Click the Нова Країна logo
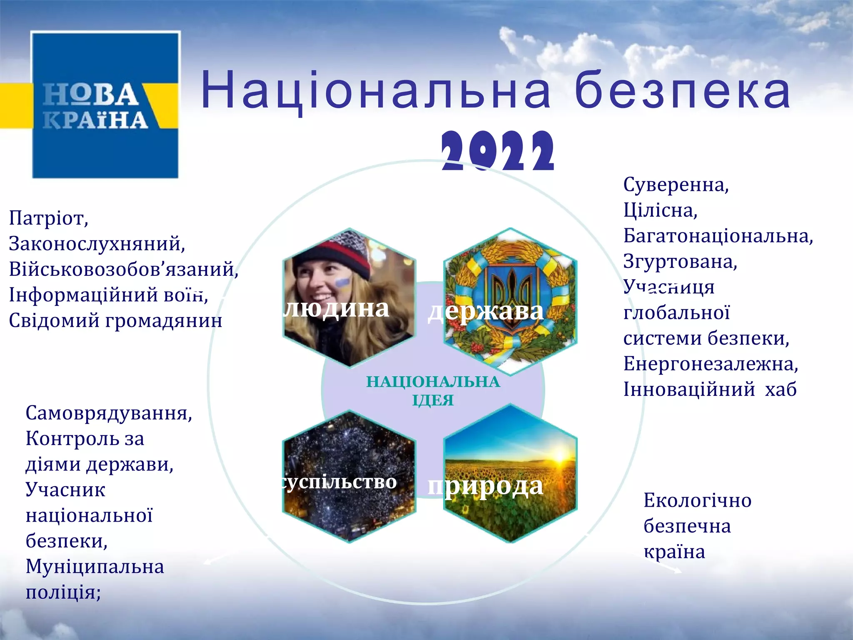(105, 105)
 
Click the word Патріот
(48, 218)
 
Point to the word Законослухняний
(97, 244)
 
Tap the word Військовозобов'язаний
(123, 269)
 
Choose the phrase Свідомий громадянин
(115, 320)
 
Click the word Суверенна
(676, 185)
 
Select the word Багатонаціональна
(718, 236)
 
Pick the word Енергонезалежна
(710, 364)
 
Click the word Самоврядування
(109, 413)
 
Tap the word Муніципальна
(95, 567)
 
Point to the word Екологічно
(697, 500)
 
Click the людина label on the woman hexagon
(336, 308)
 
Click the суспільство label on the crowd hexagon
(339, 482)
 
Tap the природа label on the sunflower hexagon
(486, 486)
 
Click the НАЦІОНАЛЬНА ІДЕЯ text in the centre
(433, 391)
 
